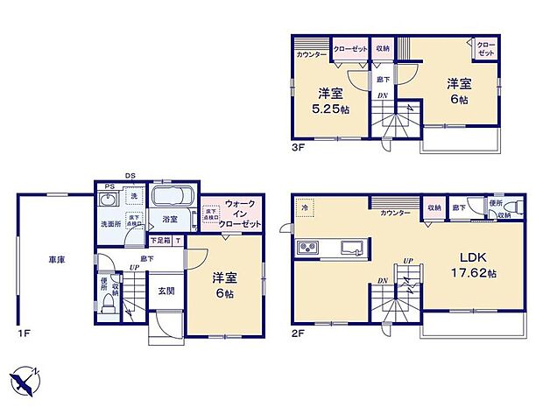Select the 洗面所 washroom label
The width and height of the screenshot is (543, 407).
click(x=109, y=223)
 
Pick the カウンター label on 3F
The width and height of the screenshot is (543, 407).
click(x=312, y=55)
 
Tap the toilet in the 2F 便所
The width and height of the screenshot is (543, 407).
click(x=517, y=207)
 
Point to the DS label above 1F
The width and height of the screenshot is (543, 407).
click(x=130, y=175)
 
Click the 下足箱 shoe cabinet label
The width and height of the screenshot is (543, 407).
click(x=159, y=240)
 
